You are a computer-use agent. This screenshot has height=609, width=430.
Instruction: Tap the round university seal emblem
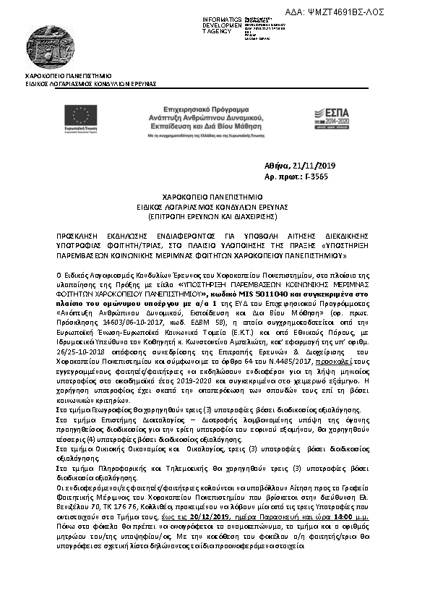[48, 45]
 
